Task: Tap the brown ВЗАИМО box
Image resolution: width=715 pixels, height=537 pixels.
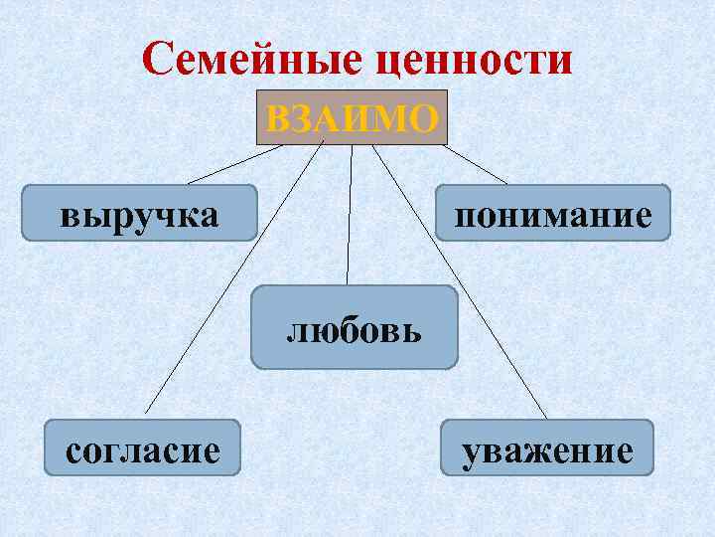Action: (x=352, y=118)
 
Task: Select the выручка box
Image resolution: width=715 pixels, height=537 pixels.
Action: (x=139, y=213)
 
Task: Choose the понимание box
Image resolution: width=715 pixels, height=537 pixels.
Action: (x=553, y=213)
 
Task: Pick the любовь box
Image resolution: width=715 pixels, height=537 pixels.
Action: (x=355, y=327)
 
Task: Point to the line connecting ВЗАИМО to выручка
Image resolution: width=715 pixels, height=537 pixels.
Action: (x=233, y=165)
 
